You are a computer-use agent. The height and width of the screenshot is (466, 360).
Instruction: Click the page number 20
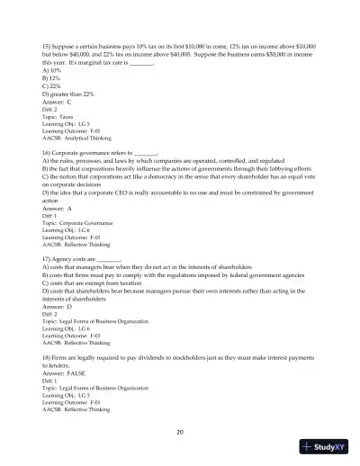(180, 433)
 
